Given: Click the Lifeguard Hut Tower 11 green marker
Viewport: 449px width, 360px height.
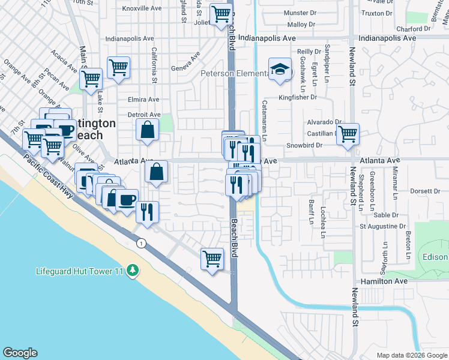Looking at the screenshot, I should (132, 272).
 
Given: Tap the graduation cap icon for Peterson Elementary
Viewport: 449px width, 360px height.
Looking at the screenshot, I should (280, 70).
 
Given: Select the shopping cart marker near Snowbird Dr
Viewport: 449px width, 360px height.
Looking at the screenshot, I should (348, 134).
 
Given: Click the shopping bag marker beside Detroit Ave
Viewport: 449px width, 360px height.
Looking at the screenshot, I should (147, 129).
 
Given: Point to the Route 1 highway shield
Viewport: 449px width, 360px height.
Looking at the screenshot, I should (140, 243).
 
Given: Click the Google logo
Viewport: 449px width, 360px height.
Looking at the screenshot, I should (20, 353).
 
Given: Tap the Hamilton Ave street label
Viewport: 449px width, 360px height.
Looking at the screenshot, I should (384, 281).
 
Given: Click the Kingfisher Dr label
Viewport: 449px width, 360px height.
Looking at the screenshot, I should (297, 97).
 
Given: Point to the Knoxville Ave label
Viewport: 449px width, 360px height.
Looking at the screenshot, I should (142, 8).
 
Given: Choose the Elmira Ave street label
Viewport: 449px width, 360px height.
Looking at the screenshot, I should (143, 100).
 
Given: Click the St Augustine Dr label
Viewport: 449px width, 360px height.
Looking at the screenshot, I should (382, 226).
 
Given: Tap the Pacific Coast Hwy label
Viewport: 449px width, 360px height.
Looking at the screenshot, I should (50, 180).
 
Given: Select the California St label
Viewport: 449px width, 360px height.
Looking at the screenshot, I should (154, 65).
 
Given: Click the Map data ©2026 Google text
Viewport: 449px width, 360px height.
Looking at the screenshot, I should (412, 355).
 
